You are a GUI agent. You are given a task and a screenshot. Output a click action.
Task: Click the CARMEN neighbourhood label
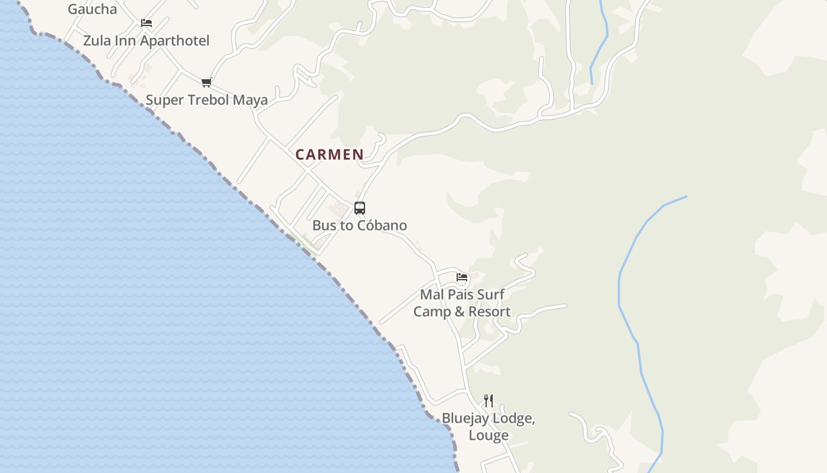(x=330, y=154)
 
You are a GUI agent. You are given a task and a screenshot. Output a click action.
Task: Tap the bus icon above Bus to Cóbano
(x=360, y=208)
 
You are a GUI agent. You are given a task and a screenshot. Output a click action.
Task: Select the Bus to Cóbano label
(x=359, y=225)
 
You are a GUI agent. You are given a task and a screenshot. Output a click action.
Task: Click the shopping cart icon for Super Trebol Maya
(x=206, y=82)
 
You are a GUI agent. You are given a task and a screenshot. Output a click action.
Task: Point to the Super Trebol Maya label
(x=207, y=100)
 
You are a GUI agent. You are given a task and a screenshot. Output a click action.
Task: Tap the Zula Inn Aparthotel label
(x=146, y=41)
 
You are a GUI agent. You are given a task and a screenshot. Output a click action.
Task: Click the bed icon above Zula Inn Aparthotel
(x=146, y=23)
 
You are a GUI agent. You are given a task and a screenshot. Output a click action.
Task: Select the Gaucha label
(x=92, y=9)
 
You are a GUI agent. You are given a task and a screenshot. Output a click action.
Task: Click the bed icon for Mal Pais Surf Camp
(x=462, y=277)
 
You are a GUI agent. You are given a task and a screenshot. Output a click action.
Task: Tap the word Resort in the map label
(x=490, y=312)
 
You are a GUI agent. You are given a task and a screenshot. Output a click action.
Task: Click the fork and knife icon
(x=489, y=401)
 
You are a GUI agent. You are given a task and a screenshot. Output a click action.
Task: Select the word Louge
(x=489, y=436)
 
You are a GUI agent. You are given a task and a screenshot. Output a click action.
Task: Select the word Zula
(x=96, y=41)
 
